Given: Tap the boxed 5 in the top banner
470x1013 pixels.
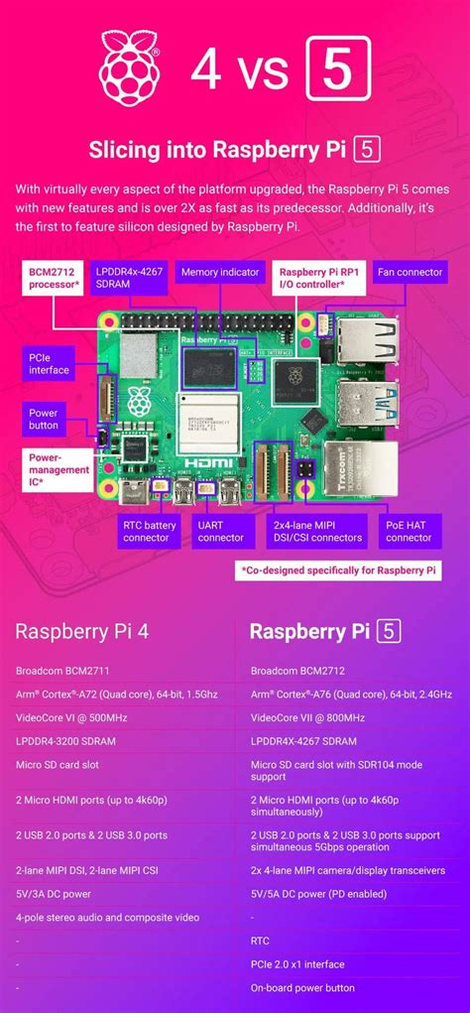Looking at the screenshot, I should point(339,68).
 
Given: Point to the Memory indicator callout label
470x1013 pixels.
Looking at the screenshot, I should point(220,272).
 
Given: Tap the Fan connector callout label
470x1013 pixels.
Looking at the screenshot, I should point(410,272).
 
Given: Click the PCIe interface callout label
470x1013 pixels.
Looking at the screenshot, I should point(50,363).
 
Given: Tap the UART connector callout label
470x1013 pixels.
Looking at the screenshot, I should point(220,531).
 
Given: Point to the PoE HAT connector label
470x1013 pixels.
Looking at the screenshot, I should point(409,531).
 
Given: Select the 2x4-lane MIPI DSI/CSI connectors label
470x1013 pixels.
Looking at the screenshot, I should point(317,531).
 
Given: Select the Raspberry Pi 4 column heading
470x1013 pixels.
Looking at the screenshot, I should point(82,632).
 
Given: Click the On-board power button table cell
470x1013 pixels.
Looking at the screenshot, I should point(303,988).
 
